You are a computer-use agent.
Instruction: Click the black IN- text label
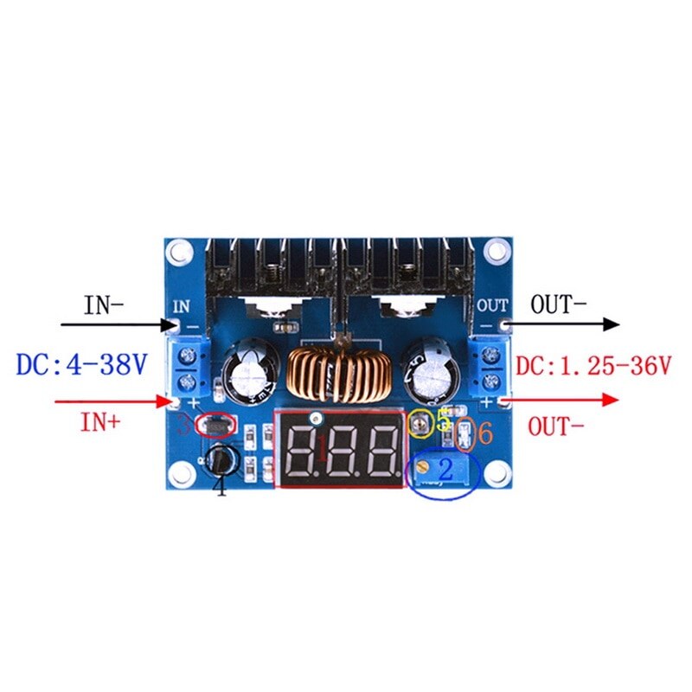104,305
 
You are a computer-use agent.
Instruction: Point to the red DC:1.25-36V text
593,365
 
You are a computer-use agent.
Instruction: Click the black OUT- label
559,304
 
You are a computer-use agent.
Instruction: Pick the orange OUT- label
559,426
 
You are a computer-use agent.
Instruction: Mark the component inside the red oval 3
214,425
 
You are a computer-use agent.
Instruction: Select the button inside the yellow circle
420,423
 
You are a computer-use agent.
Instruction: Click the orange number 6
484,433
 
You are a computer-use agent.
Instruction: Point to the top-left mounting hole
179,251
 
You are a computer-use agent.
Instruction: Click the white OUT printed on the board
492,304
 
